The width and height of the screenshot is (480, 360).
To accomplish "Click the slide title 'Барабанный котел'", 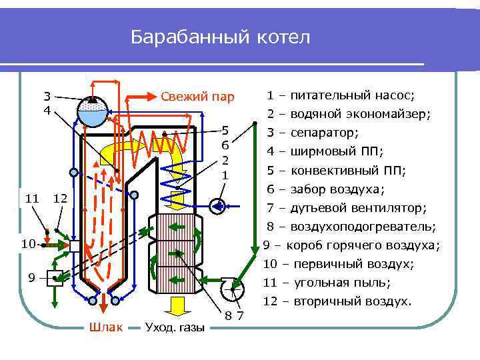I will pos(220,37).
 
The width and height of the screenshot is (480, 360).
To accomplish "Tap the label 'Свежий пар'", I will pos(197,97).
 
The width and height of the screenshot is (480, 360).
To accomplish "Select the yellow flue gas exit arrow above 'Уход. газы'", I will pos(177,307).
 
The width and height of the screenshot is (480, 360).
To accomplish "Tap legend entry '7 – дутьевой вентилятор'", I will pos(346,207).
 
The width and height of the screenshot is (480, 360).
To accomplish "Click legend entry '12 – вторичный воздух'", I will pos(337,301).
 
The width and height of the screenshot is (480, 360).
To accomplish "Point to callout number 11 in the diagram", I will pos(31,198).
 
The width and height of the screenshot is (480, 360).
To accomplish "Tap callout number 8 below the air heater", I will pos(228,315).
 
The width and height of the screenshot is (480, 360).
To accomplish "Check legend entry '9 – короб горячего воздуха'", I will pos(351,245).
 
